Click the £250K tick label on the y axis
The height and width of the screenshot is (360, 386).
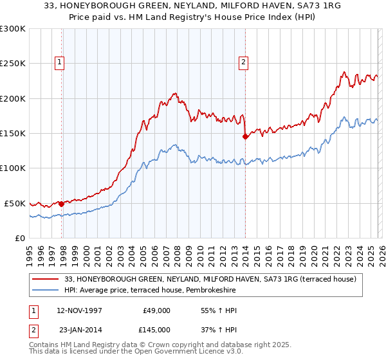[x=13, y=64]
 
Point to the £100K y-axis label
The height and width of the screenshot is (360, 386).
[x=13, y=168]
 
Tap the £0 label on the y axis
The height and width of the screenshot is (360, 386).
[x=20, y=238]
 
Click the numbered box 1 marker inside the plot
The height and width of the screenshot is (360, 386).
[x=59, y=62]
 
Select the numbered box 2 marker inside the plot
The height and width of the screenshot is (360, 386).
[x=244, y=62]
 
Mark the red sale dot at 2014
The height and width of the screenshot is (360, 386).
[x=245, y=136]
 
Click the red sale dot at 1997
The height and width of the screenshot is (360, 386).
[x=62, y=204]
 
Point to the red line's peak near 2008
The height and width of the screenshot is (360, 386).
[x=176, y=93]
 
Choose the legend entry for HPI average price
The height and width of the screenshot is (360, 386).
[x=150, y=291]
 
